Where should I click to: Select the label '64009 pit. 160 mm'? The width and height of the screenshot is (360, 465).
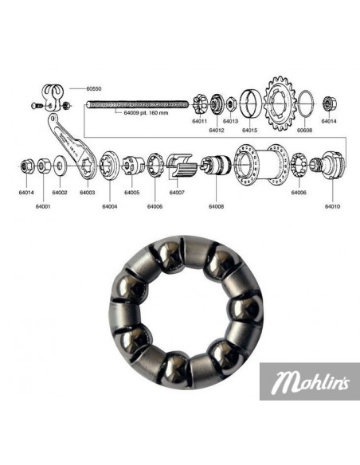[146, 113]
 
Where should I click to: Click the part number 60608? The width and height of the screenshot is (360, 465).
[305, 129]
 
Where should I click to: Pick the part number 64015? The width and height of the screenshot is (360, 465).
[250, 129]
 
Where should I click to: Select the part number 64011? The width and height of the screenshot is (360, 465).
[199, 121]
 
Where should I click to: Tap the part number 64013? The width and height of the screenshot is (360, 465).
[230, 121]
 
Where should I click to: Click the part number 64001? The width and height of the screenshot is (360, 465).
[43, 206]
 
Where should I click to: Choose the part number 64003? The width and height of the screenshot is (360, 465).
[88, 192]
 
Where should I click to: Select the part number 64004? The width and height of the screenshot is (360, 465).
[110, 206]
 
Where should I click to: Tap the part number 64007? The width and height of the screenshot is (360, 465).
[177, 192]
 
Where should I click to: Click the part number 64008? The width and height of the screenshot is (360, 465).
[217, 206]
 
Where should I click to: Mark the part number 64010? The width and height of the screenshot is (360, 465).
[332, 206]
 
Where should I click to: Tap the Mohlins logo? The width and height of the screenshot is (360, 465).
[310, 385]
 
